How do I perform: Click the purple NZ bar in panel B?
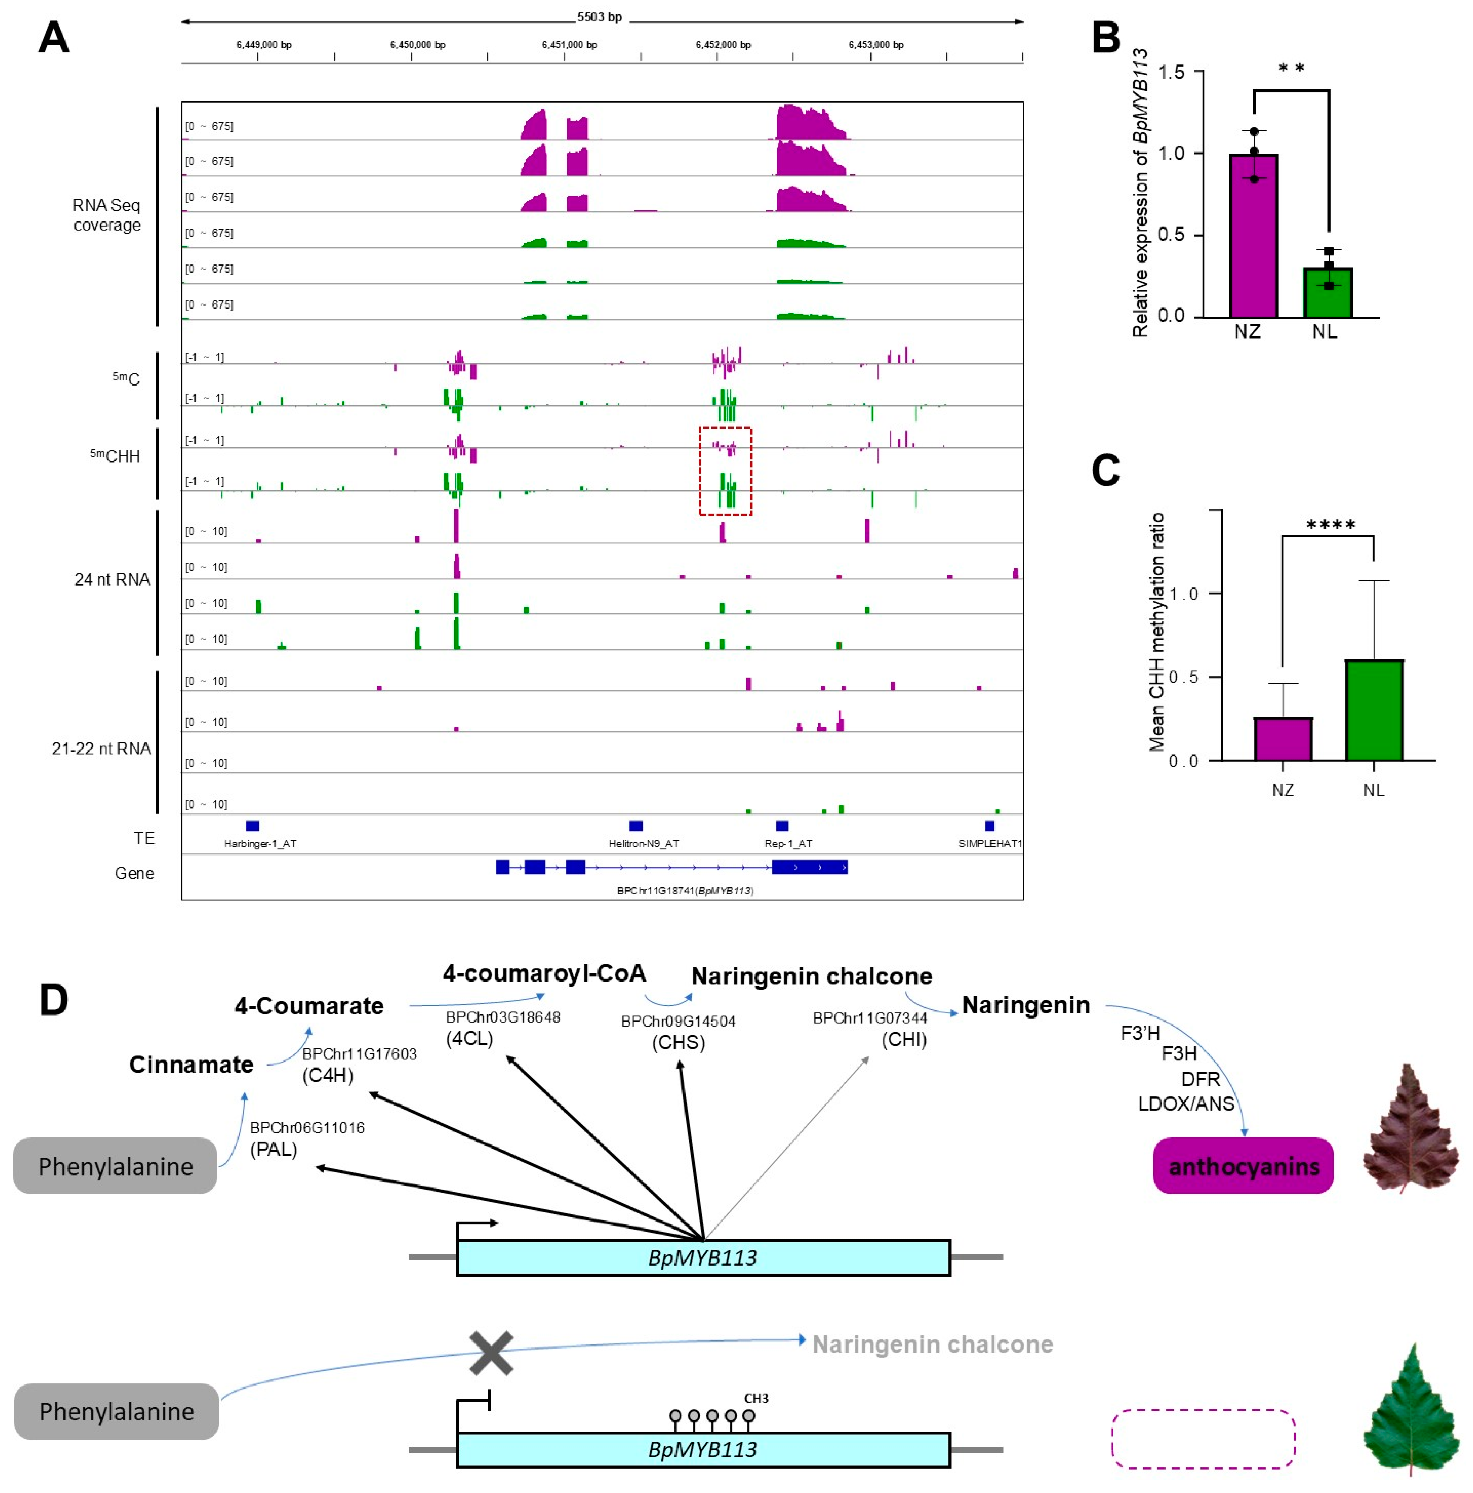1253,236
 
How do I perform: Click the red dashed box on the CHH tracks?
725,471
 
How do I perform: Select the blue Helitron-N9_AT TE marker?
635,825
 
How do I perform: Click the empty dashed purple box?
1203,1438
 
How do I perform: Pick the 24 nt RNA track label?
112,580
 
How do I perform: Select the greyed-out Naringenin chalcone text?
932,1344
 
